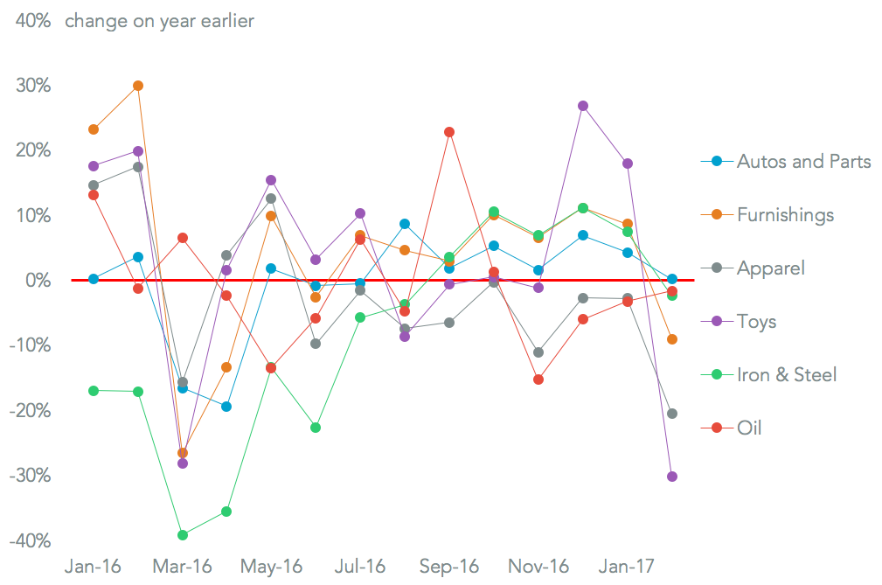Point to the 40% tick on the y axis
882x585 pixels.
31,20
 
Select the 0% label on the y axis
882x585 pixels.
36,281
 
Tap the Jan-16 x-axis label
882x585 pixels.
93,567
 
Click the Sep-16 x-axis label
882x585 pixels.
449,567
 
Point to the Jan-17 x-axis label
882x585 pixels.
627,567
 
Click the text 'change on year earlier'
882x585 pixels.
159,20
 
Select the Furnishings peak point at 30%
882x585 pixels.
138,86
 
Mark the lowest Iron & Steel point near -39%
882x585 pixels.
183,535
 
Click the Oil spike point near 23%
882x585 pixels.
449,132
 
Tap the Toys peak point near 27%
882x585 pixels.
583,106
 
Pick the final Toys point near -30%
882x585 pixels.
672,477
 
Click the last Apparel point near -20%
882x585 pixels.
672,414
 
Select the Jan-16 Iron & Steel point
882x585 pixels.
94,391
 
